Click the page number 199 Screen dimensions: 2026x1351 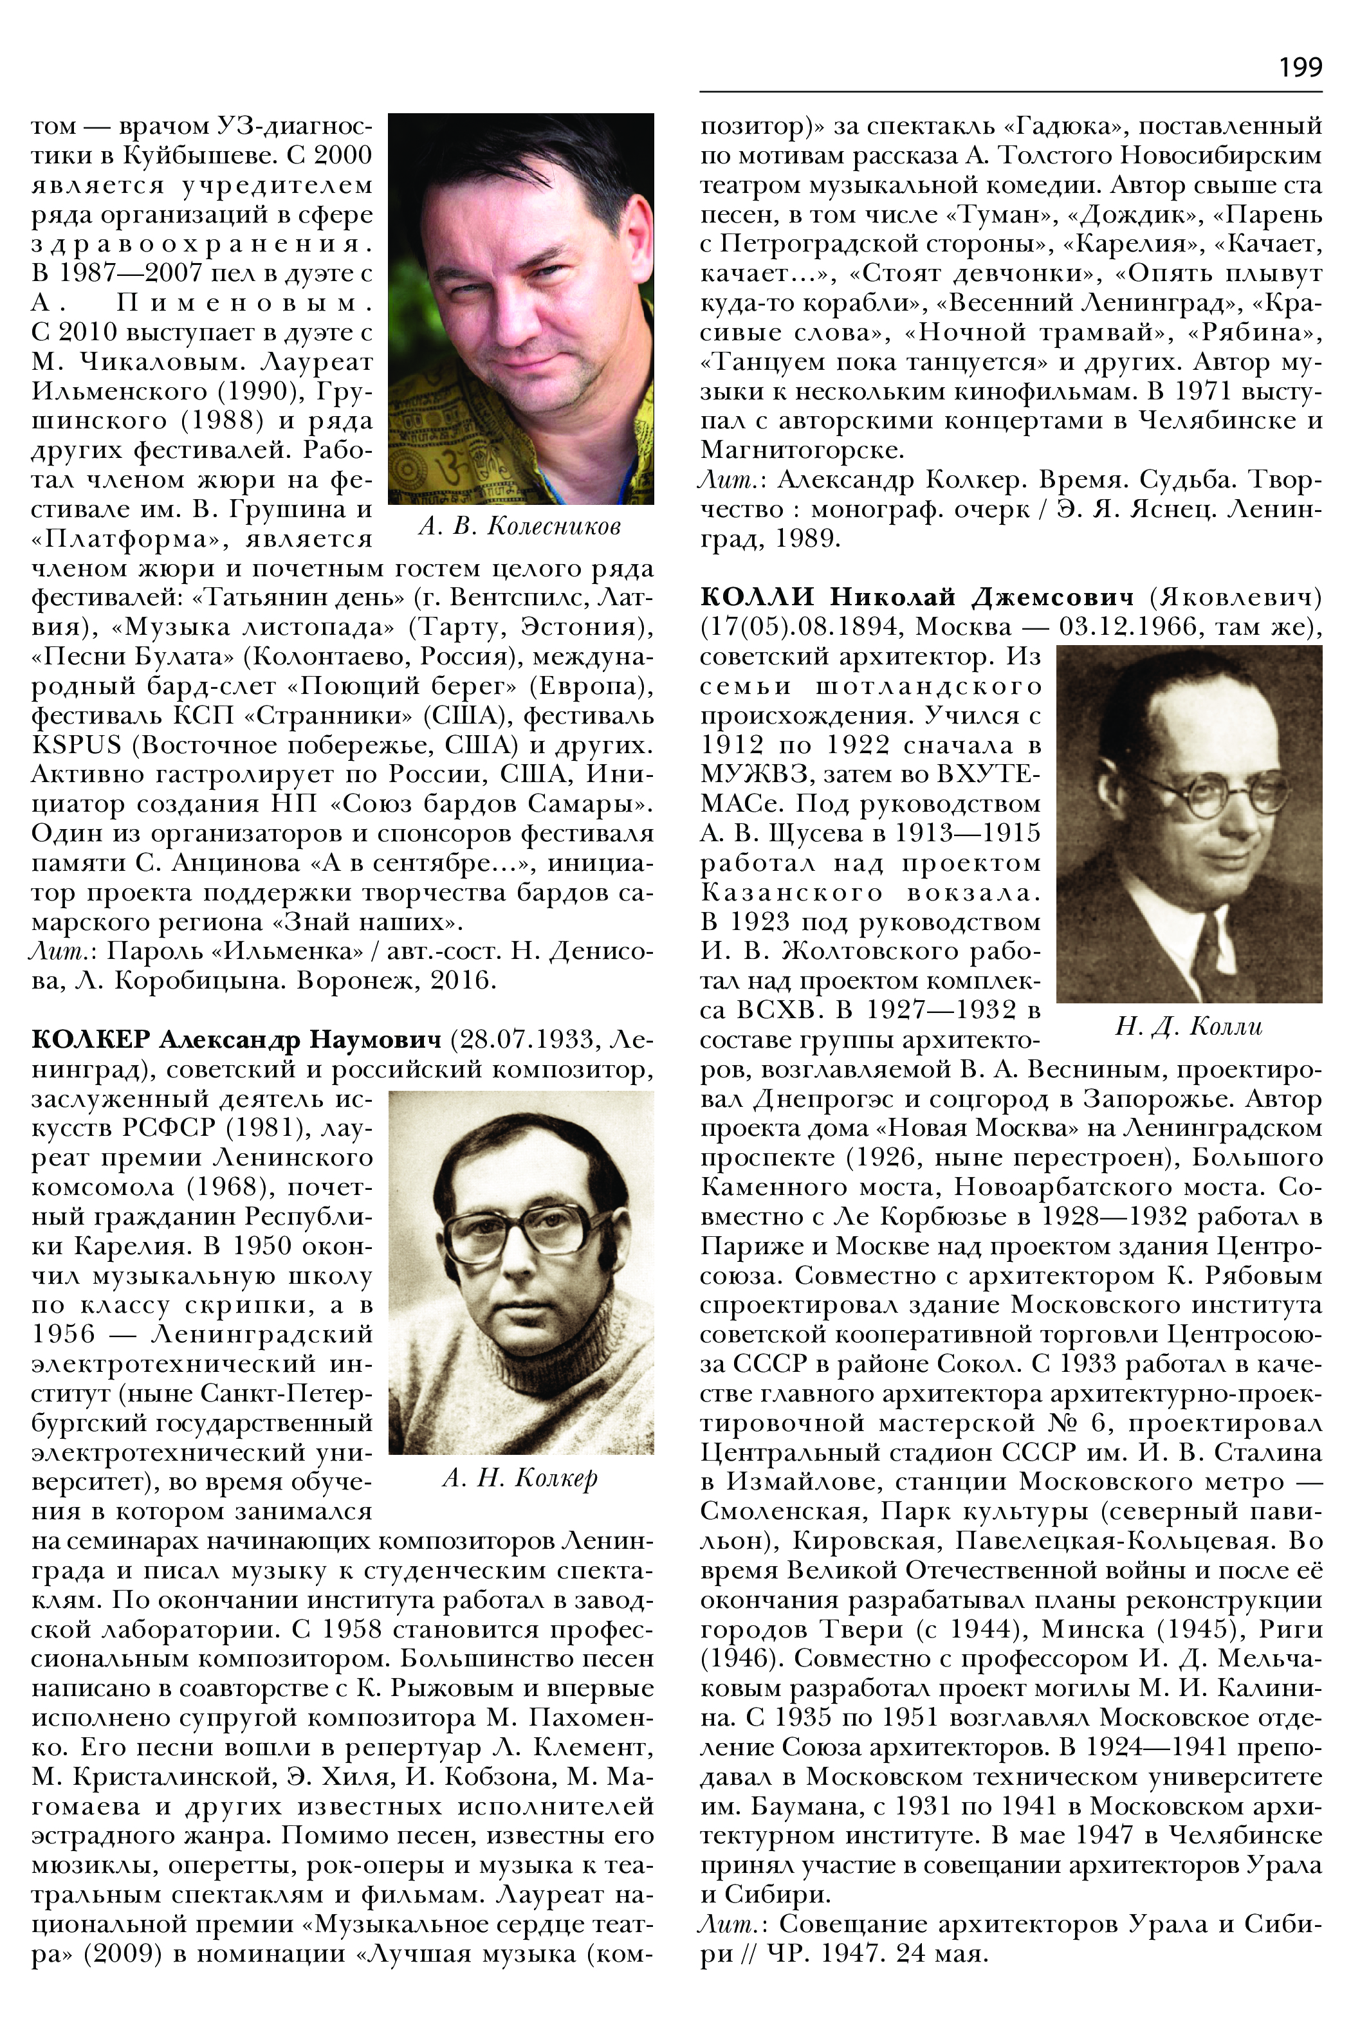click(1300, 67)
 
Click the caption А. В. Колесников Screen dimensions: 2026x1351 click(520, 525)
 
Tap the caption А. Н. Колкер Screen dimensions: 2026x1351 click(520, 1477)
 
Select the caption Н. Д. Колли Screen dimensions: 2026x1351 click(1188, 1026)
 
